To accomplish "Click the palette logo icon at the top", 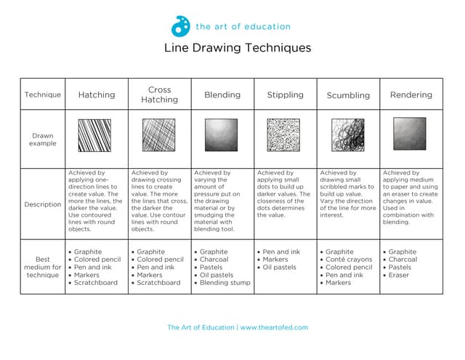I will pyautogui.click(x=180, y=27).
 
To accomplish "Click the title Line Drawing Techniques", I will pyautogui.click(x=238, y=48).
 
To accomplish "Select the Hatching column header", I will pyautogui.click(x=97, y=95).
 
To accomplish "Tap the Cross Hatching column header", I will pyautogui.click(x=159, y=95).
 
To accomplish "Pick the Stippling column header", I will pyautogui.click(x=286, y=95).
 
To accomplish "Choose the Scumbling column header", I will pyautogui.click(x=348, y=95).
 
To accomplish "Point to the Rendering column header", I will pyautogui.click(x=411, y=95).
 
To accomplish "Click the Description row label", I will pyautogui.click(x=43, y=204).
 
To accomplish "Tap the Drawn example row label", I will pyautogui.click(x=43, y=140).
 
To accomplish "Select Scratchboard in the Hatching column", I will pyautogui.click(x=94, y=283).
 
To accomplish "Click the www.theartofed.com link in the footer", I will pyautogui.click(x=274, y=327).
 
